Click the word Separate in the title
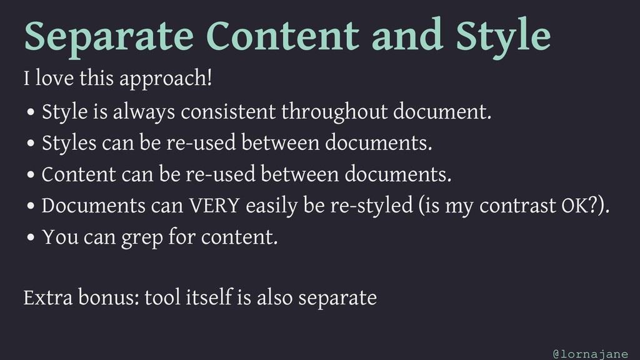click(x=109, y=36)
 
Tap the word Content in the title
click(x=282, y=35)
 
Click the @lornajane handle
click(x=590, y=354)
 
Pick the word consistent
click(x=228, y=111)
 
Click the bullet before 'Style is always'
click(x=31, y=112)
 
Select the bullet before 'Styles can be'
click(x=31, y=143)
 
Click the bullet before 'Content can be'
click(x=31, y=175)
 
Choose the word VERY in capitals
click(x=214, y=205)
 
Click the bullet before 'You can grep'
click(x=31, y=237)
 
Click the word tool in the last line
click(x=162, y=297)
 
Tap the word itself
click(x=209, y=297)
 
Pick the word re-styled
click(x=371, y=206)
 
